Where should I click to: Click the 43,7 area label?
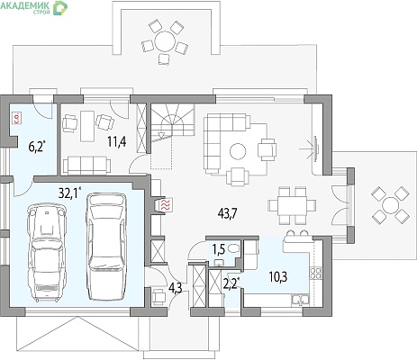[227, 213]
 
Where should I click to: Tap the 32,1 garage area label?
[69, 193]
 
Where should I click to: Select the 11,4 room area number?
[117, 141]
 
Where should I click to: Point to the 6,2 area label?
[37, 147]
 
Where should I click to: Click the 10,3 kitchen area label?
[278, 277]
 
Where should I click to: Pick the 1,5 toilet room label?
[219, 248]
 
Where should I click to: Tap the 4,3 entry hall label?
[175, 288]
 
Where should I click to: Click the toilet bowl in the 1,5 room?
[233, 248]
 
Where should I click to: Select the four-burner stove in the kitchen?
[315, 274]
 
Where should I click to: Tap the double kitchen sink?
[300, 300]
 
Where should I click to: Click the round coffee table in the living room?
[238, 151]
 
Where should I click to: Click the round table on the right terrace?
[391, 204]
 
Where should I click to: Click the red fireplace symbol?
[166, 205]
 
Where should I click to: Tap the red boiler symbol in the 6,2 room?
[16, 118]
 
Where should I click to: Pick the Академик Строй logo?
[33, 7]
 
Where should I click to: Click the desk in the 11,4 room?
[87, 126]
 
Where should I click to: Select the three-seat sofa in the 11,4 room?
[86, 165]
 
